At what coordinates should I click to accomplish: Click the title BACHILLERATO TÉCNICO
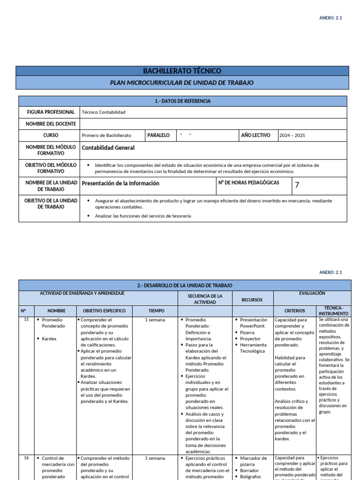point(182,71)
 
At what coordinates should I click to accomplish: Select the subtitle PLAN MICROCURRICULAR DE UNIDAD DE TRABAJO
point(182,82)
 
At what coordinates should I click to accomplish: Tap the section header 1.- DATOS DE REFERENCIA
point(182,101)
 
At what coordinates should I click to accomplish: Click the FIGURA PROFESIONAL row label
point(51,112)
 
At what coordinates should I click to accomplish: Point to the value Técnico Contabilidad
point(104,112)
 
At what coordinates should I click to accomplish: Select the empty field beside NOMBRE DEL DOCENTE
point(213,124)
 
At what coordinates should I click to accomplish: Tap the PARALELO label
point(158,135)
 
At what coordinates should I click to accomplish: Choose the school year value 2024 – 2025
point(292,135)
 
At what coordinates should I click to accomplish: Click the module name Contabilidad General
point(108,148)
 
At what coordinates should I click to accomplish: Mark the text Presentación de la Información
point(120,183)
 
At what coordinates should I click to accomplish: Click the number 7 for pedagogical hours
point(297,185)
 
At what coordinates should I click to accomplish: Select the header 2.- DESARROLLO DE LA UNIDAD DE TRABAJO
point(185,285)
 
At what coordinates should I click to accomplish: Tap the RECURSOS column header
point(252,300)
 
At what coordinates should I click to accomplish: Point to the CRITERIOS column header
point(294,310)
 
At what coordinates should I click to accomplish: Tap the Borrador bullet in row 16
point(249,471)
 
